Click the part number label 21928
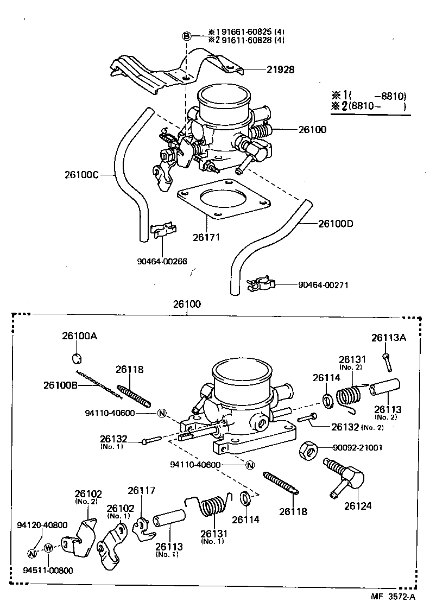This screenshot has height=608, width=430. pos(280,69)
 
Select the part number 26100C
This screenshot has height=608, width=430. pos(82,174)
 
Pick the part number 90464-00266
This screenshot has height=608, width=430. pos(162,261)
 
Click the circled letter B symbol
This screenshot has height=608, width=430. pos(186,36)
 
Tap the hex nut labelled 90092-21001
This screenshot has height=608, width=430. pos(308,449)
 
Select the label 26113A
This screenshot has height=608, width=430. pos(388,338)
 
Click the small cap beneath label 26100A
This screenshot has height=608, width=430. pos(78,358)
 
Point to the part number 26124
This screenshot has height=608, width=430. pos(358,506)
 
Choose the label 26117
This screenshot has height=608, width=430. pos(142,490)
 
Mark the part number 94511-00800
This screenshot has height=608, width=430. pos(48,570)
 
